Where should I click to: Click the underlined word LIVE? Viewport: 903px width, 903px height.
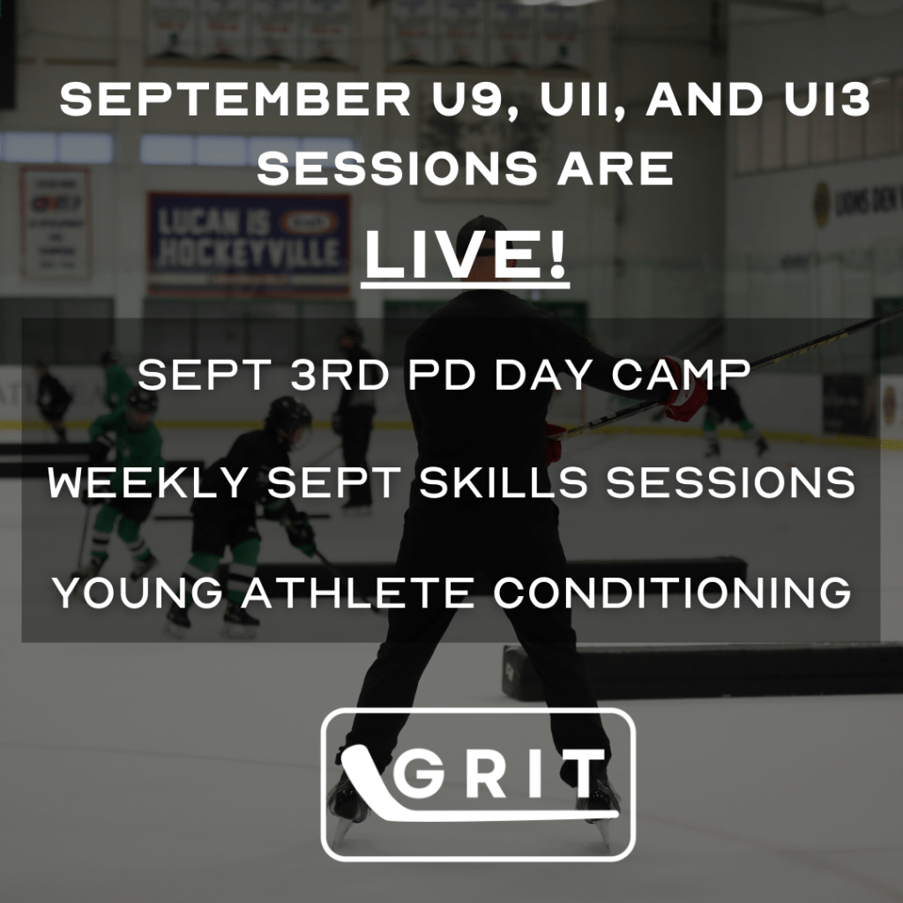point(466,255)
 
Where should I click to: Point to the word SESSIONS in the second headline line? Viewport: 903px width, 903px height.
point(398,168)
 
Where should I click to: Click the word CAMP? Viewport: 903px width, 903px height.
point(682,375)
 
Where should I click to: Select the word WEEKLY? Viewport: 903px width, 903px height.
point(148,482)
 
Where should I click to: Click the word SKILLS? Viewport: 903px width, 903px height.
point(503,482)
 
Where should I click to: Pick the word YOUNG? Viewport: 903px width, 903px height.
point(138,592)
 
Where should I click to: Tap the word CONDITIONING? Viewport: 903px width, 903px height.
point(673,592)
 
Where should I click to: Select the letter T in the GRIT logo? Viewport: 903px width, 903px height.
point(584,773)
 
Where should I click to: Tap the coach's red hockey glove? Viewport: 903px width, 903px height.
point(686,398)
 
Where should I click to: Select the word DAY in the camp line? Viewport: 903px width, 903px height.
point(543,375)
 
